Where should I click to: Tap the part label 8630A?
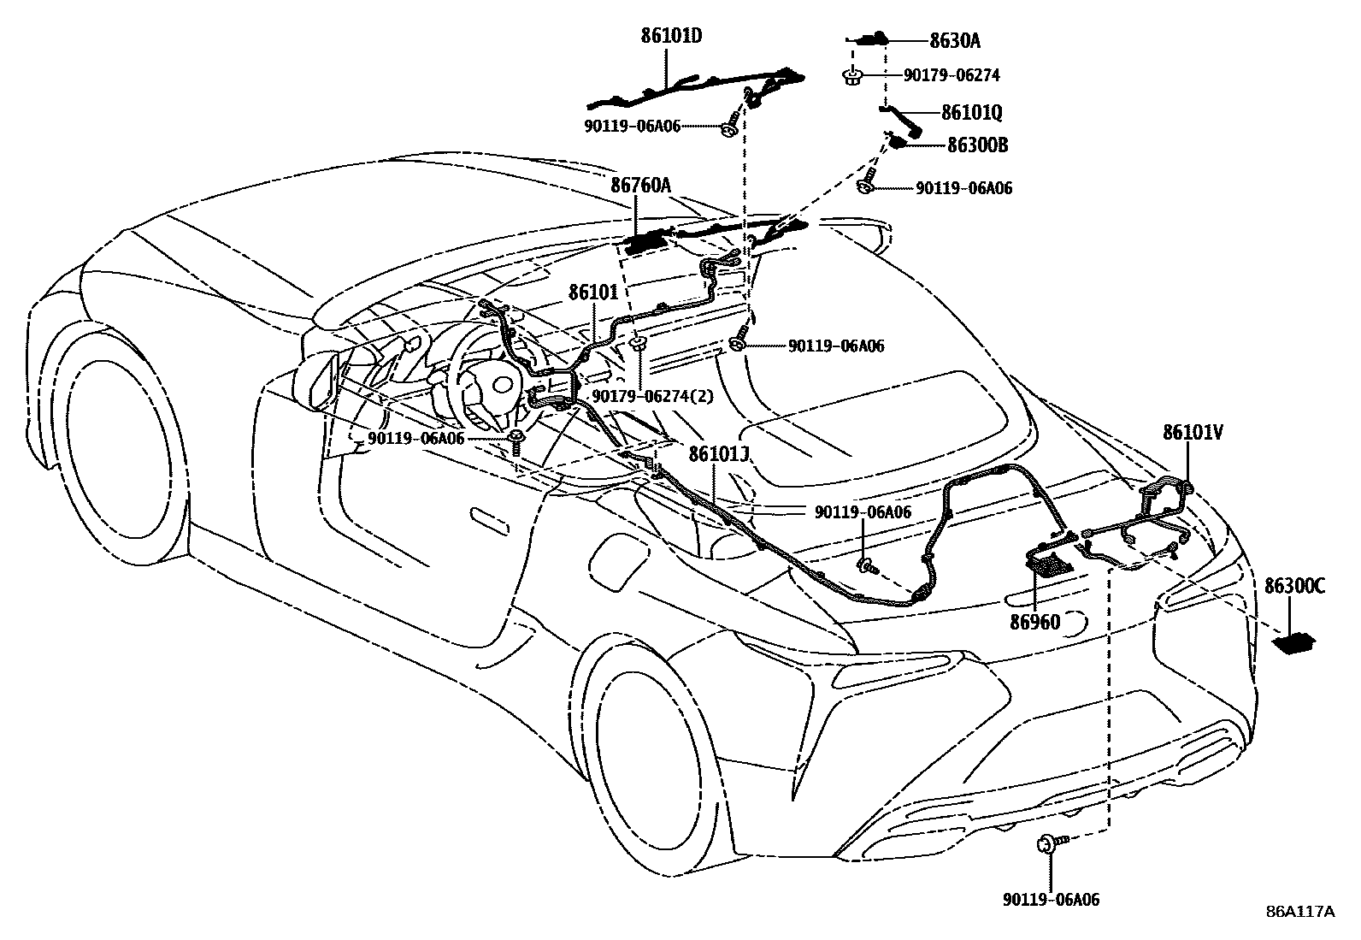point(955,39)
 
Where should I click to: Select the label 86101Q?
point(972,113)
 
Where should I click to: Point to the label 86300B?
point(977,145)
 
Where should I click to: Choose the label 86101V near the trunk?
point(1192,433)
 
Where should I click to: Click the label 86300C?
point(1295,586)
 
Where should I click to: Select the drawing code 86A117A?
point(1300,912)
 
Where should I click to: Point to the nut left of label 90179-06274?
point(851,76)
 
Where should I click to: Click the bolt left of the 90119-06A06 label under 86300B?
point(868,185)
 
